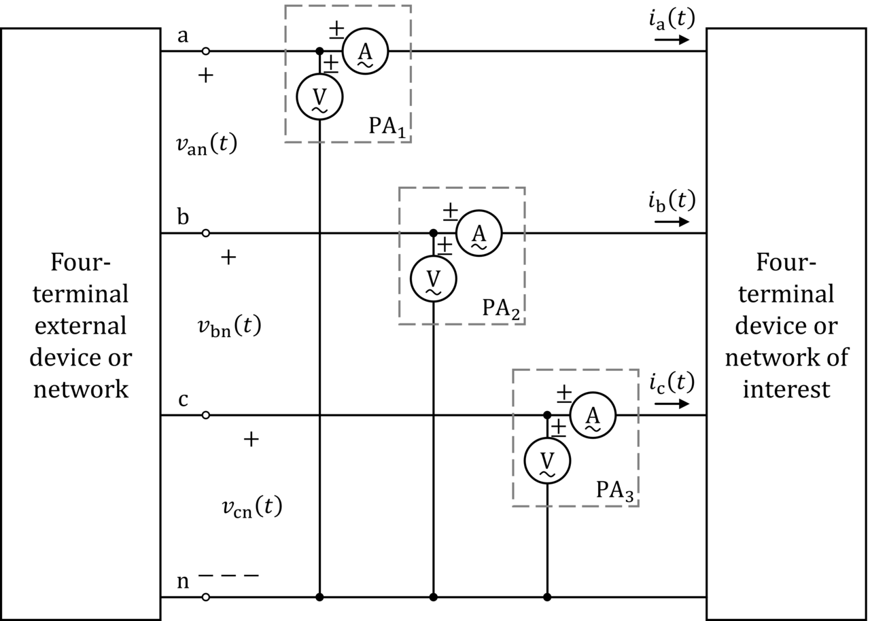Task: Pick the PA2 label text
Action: [501, 309]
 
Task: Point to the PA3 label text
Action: [615, 491]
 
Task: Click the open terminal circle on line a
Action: [206, 51]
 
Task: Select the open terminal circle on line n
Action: [206, 597]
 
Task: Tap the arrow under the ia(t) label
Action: [672, 39]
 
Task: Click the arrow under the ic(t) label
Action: [672, 404]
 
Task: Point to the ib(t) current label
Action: [672, 202]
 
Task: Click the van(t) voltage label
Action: [207, 145]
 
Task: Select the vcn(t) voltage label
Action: [252, 508]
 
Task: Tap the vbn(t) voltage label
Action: [230, 327]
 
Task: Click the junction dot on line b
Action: [434, 233]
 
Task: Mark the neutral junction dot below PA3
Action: [547, 597]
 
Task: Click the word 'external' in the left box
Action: [80, 326]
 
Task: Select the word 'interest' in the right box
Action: [786, 389]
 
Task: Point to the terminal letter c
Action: [183, 400]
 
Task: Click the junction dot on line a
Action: [319, 51]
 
